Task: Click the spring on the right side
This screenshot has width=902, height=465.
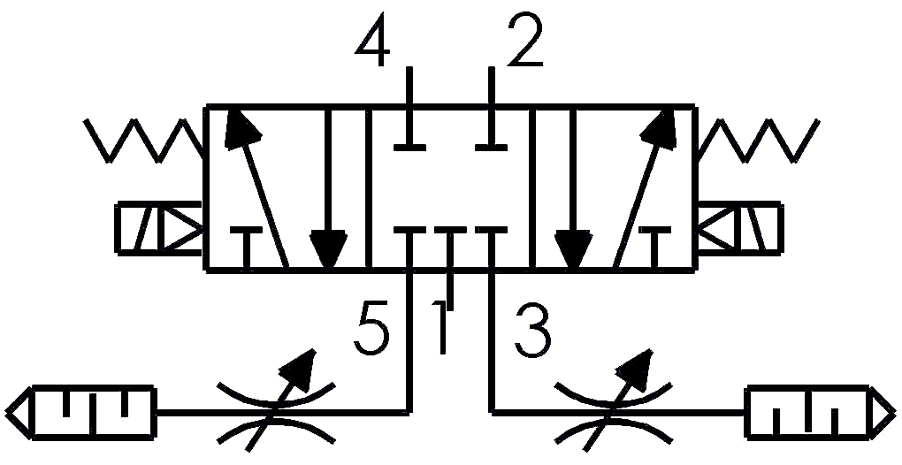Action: click(x=758, y=141)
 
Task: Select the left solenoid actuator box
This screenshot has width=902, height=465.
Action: click(x=159, y=228)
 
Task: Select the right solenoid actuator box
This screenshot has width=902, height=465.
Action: click(x=740, y=228)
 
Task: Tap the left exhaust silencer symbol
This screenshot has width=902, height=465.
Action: click(x=80, y=413)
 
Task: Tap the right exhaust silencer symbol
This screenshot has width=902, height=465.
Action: click(x=821, y=413)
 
